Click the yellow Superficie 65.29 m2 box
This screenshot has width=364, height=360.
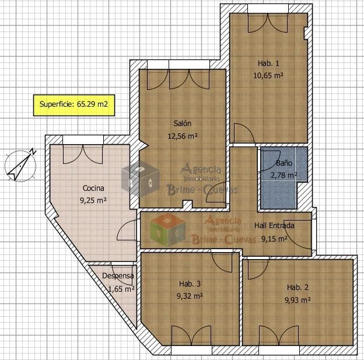point(74,105)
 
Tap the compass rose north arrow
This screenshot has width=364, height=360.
point(20,165)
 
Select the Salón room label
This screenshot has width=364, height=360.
point(183,123)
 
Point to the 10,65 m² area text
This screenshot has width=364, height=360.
point(268,75)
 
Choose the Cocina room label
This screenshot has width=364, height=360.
point(93,188)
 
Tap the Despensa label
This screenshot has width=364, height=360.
point(118,276)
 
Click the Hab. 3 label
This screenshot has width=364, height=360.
point(190,284)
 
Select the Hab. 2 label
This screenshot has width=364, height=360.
point(297,287)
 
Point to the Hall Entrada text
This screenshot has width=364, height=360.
point(274,225)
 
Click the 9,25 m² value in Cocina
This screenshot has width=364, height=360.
point(93,200)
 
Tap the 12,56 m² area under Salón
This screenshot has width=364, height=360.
point(183,136)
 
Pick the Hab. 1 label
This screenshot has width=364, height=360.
point(268,63)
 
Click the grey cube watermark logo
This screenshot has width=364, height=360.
point(141,179)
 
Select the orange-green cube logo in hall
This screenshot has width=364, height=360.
point(167,230)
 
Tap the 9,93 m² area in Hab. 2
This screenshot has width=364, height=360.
point(297,300)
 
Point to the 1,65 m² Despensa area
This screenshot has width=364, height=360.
point(121,289)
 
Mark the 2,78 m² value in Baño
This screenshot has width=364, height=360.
point(283,175)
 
